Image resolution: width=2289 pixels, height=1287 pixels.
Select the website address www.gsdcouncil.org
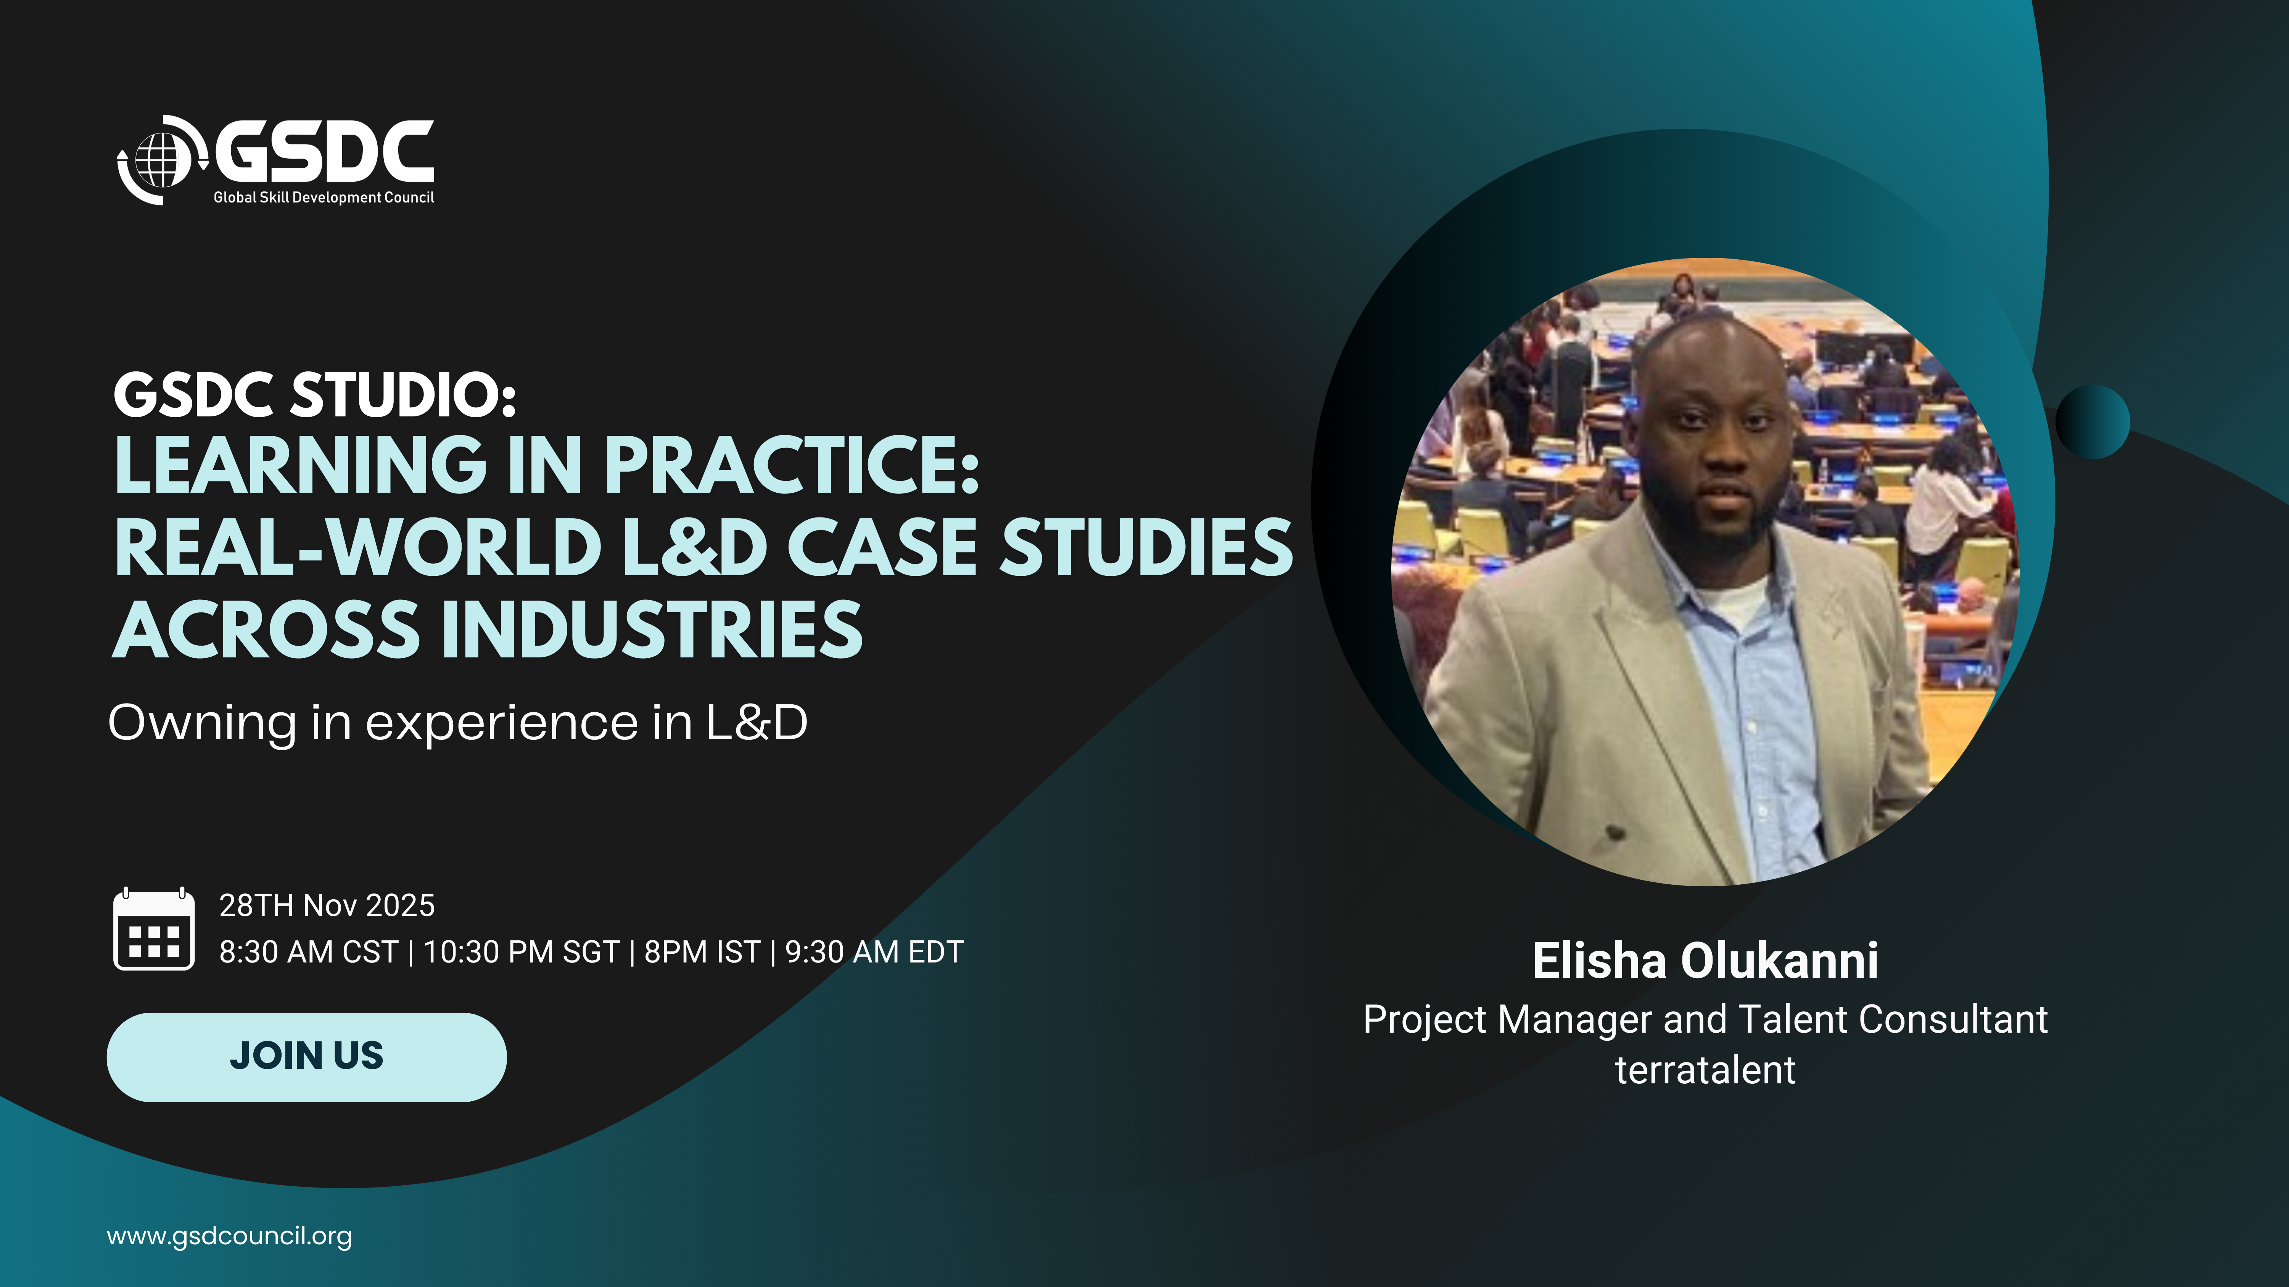[x=229, y=1236]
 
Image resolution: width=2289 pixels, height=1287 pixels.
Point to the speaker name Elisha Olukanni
[x=1705, y=961]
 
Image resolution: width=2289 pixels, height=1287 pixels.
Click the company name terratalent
[x=1705, y=1070]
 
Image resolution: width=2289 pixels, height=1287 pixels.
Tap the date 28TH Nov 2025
[x=327, y=905]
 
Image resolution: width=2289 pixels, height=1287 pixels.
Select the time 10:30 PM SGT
[x=521, y=952]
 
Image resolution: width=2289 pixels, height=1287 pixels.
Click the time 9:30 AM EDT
[x=874, y=952]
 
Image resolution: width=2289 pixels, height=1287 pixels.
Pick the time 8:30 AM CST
[x=308, y=952]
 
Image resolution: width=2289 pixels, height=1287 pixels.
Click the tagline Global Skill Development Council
[x=324, y=197]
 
